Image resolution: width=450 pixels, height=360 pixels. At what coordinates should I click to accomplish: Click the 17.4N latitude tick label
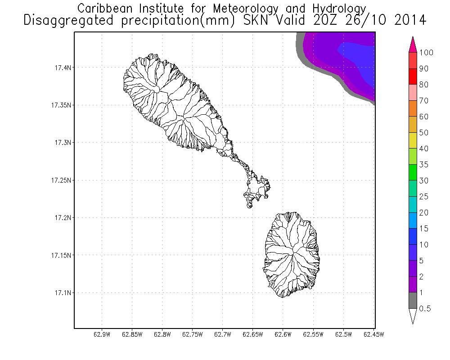coord(60,68)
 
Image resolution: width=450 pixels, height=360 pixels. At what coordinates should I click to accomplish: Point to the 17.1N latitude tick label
coord(60,293)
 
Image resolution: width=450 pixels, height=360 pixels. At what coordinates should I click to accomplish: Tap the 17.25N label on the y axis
coord(59,180)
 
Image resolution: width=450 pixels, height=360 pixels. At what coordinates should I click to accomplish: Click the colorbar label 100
coord(426,53)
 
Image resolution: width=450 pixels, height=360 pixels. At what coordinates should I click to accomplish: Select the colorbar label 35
coord(423,165)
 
